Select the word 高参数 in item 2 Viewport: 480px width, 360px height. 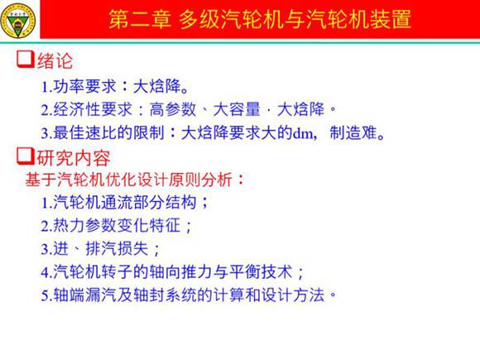[x=170, y=108]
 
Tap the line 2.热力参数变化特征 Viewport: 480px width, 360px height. [x=116, y=225]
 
